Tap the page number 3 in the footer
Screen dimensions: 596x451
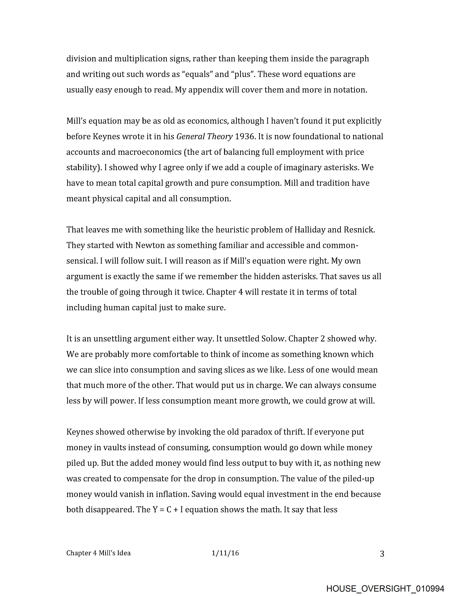[382, 554]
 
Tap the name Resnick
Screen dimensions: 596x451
[359, 230]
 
